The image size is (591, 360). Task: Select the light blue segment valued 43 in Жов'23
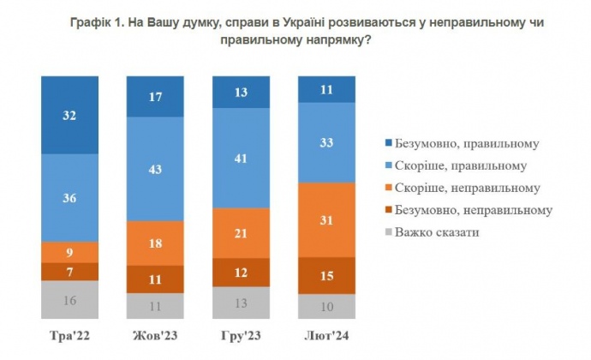coord(155,168)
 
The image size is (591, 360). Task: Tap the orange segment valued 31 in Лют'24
coord(325,219)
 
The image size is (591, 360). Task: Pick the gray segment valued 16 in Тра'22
coord(69,299)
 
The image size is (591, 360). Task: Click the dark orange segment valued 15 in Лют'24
coord(325,275)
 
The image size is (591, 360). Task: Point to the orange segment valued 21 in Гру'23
coord(241,234)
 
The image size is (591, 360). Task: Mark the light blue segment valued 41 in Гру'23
coord(241,159)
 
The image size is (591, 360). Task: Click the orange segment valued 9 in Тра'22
coord(69,252)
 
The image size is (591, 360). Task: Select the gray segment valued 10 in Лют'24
coord(325,306)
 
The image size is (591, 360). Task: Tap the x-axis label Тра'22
coord(69,334)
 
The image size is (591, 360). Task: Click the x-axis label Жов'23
coord(155,334)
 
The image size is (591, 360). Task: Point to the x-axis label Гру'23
coord(241,334)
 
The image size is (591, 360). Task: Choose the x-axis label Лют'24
coord(325,334)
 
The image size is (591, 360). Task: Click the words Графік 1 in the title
coord(97,24)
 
